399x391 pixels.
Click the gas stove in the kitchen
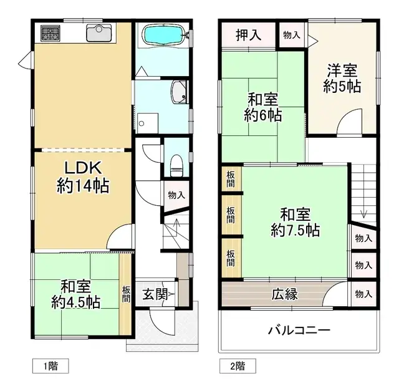pos(50,32)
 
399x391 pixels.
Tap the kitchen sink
pos(99,32)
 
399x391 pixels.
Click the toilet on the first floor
pos(176,166)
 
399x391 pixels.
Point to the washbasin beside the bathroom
pos(180,92)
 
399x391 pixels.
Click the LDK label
pos(83,168)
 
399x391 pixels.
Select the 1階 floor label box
pos(50,366)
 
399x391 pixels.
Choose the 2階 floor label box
pos(238,366)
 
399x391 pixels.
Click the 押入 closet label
pos(249,35)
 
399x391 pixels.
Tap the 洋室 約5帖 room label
pos(342,79)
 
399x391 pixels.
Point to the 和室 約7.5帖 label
pos(295,222)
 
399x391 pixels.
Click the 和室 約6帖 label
pos(263,107)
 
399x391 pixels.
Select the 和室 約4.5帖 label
pos(75,294)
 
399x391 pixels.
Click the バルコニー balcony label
pos(299,331)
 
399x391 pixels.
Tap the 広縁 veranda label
pos(284,294)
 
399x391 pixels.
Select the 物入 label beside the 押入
pos(292,35)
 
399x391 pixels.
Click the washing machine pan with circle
pos(148,123)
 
